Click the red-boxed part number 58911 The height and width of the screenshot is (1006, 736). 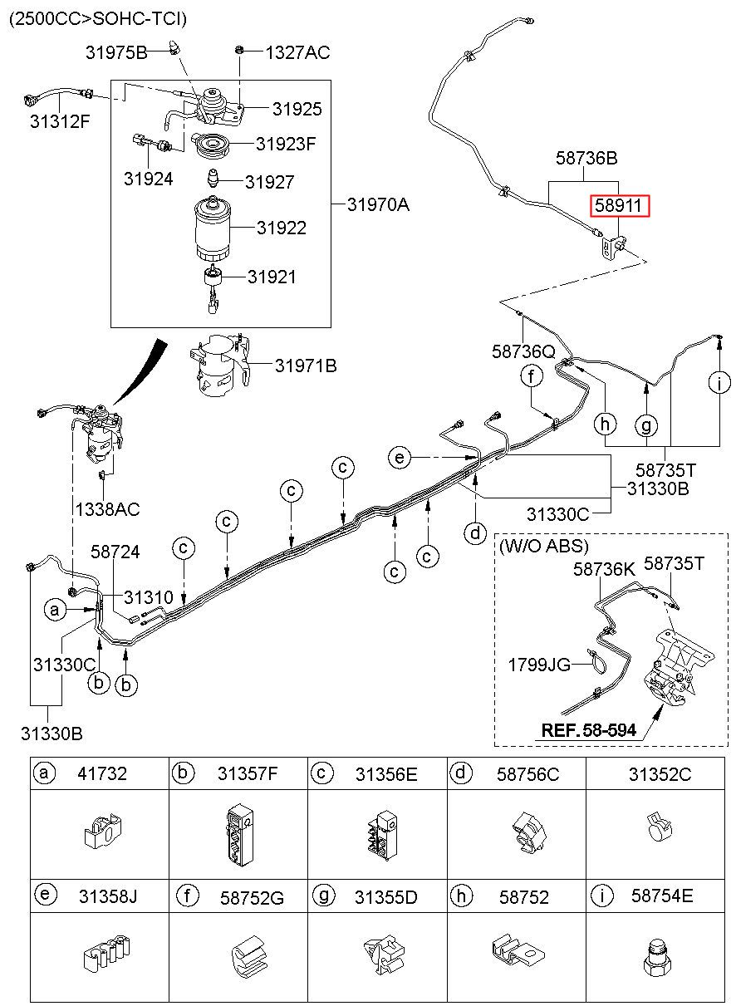coord(619,206)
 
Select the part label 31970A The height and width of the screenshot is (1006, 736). coord(378,204)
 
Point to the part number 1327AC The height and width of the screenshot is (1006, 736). coord(297,53)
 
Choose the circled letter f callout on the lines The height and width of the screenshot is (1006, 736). coord(532,376)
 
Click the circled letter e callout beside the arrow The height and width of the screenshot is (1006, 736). coord(400,457)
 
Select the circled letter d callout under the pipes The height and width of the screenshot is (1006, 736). coord(474,532)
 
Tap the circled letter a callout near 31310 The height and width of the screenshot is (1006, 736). coord(56,611)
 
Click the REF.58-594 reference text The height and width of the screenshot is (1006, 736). coord(588,730)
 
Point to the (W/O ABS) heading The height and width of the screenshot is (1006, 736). coord(544,546)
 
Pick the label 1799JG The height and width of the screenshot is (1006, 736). coord(539,664)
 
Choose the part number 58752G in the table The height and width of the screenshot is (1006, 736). coord(252,897)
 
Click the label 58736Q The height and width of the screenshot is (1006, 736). coord(523,351)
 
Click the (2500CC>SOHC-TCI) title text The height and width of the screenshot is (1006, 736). coord(97,18)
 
